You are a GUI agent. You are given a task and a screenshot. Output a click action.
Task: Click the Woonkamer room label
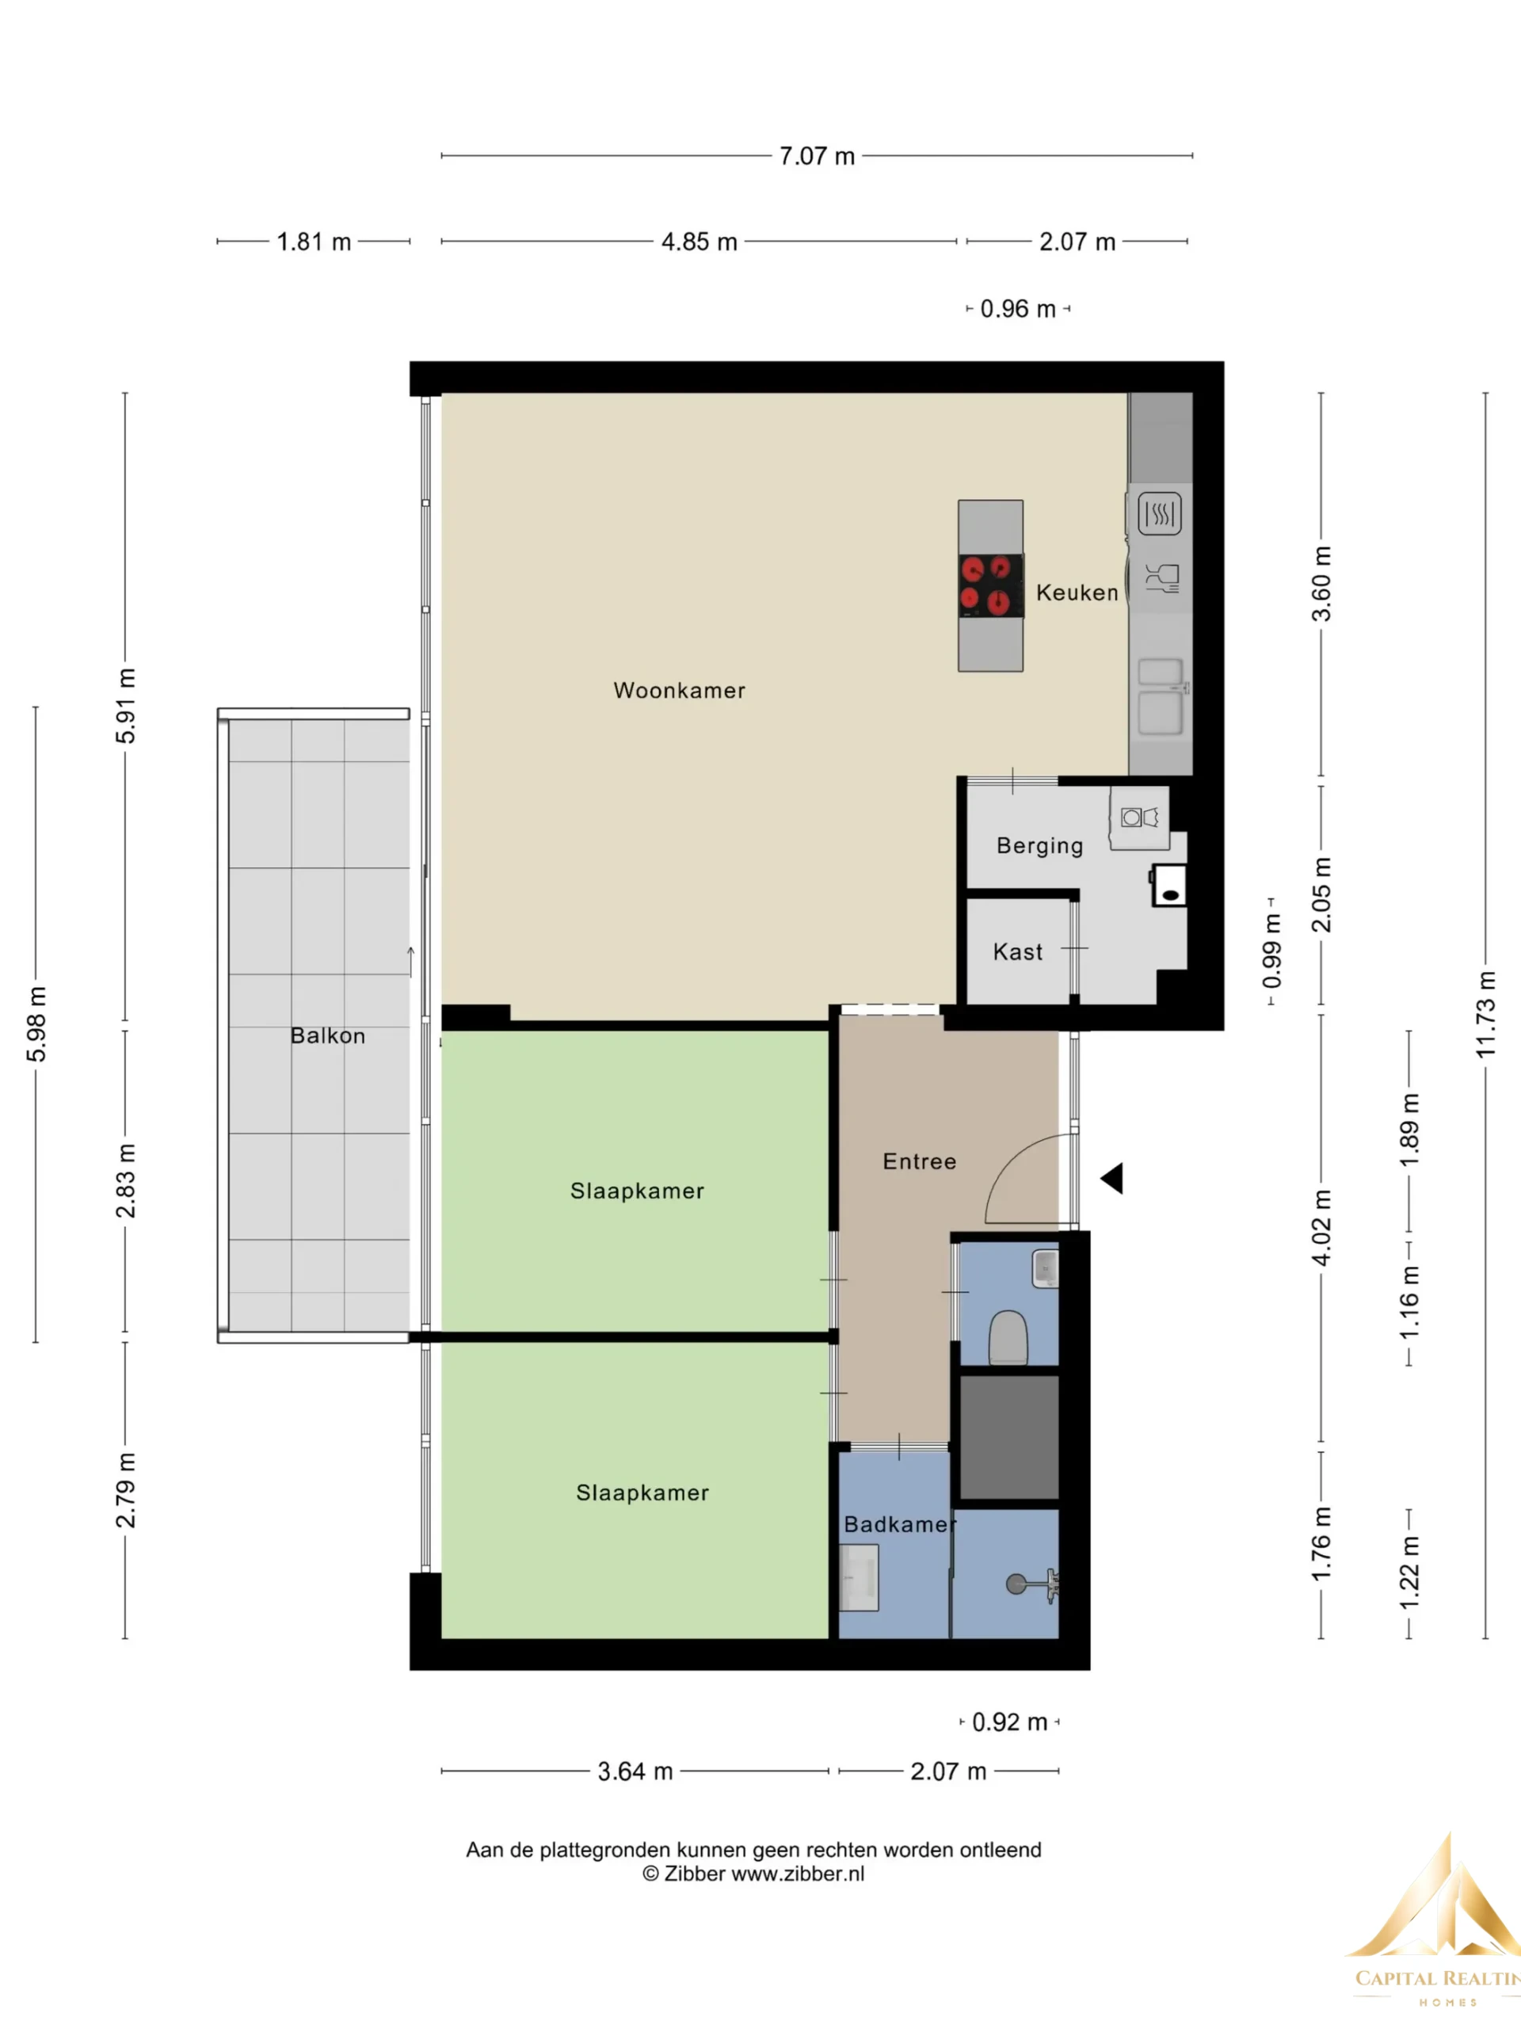click(x=680, y=690)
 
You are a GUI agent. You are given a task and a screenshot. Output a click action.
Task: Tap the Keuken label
click(x=1077, y=593)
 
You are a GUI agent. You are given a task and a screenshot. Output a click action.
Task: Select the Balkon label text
click(x=327, y=1035)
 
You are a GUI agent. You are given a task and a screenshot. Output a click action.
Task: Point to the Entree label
click(x=920, y=1161)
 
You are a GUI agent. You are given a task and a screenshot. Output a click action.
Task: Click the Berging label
click(x=1039, y=845)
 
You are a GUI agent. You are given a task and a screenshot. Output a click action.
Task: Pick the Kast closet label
click(x=1018, y=951)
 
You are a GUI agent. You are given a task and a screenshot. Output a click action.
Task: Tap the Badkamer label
click(x=899, y=1525)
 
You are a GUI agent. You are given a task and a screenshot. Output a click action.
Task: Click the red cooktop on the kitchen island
click(x=991, y=586)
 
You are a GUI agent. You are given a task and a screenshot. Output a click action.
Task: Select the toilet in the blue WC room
click(x=1008, y=1336)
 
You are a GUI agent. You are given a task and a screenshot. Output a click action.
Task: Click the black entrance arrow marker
click(x=1113, y=1178)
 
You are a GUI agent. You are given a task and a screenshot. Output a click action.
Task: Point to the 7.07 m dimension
click(x=817, y=156)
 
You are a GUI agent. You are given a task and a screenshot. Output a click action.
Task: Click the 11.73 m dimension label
click(x=1485, y=1014)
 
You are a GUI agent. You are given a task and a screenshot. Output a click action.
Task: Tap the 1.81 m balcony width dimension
click(x=314, y=242)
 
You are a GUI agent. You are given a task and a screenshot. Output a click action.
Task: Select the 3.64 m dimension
click(x=635, y=1771)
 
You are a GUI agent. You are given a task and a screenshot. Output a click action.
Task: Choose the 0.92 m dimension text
click(x=1009, y=1721)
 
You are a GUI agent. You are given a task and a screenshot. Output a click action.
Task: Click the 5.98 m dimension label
click(x=36, y=1025)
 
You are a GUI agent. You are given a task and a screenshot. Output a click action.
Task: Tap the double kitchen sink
click(x=1161, y=697)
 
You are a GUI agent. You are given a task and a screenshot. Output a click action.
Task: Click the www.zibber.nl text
click(x=798, y=1874)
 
